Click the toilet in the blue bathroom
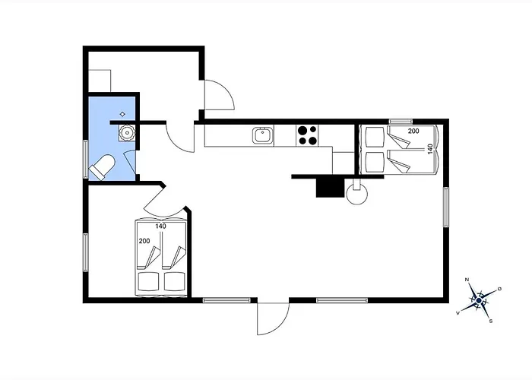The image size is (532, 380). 101,166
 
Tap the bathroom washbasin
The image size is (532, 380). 127,133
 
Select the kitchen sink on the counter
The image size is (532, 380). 263,135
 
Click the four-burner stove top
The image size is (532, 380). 307,135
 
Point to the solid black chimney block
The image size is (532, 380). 330,188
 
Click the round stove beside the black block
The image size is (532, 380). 357,194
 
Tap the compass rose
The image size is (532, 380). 479,300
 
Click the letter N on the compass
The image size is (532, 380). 467,280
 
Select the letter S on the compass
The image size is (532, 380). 491,321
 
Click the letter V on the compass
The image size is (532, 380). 458,313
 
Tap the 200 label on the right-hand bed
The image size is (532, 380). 413,131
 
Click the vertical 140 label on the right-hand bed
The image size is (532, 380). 431,149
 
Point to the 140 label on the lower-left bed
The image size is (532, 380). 161,226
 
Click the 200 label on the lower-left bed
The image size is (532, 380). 144,241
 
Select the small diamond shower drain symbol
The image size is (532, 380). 123,114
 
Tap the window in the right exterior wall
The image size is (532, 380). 446,207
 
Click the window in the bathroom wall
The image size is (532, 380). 86,159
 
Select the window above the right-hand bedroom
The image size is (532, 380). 401,122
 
